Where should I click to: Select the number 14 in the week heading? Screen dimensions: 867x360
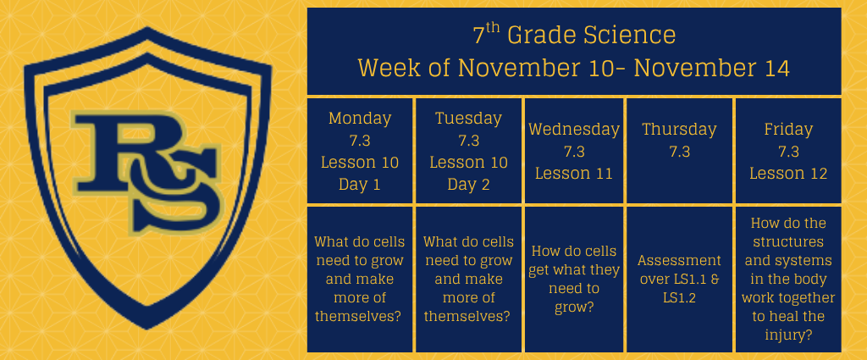pyautogui.click(x=776, y=69)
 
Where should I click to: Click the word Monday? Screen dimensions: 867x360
pyautogui.click(x=360, y=119)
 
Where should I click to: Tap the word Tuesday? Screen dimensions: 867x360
pyautogui.click(x=468, y=119)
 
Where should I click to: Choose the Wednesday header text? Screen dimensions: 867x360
pyautogui.click(x=574, y=130)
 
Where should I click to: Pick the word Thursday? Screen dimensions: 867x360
pyautogui.click(x=679, y=130)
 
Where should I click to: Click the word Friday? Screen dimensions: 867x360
pyautogui.click(x=788, y=130)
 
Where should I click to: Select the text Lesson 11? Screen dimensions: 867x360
pyautogui.click(x=574, y=174)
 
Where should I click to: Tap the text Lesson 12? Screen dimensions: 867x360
pyautogui.click(x=788, y=174)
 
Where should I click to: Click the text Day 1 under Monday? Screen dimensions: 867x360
pyautogui.click(x=360, y=185)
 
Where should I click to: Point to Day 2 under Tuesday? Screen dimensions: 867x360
pyautogui.click(x=468, y=185)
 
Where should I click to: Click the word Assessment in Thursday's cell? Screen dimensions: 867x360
pyautogui.click(x=679, y=260)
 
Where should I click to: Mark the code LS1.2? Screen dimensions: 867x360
pyautogui.click(x=679, y=298)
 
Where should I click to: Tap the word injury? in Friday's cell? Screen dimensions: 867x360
pyautogui.click(x=788, y=335)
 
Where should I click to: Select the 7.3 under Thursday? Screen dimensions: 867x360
pyautogui.click(x=679, y=152)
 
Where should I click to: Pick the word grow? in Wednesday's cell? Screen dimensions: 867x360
pyautogui.click(x=574, y=307)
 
